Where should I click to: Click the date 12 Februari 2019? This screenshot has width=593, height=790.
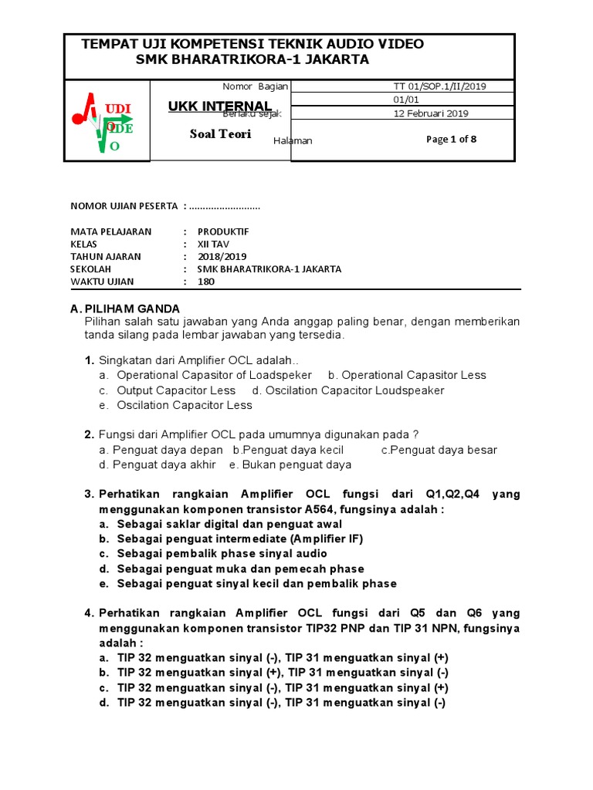click(x=431, y=113)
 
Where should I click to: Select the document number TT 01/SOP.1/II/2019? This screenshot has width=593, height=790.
click(x=440, y=86)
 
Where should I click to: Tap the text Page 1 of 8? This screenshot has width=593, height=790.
click(x=451, y=139)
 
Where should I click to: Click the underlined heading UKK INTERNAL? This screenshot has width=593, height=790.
click(x=219, y=106)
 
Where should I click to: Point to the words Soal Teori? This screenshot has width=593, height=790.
click(x=220, y=133)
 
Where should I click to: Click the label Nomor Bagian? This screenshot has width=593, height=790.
click(x=254, y=86)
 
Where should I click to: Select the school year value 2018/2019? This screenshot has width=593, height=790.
click(x=222, y=256)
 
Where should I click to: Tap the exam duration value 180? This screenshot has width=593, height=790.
click(x=206, y=282)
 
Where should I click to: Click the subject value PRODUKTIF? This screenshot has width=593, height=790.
click(x=223, y=231)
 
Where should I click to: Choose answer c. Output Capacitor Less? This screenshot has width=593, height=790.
click(x=168, y=390)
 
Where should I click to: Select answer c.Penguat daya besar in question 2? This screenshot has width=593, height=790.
click(x=439, y=450)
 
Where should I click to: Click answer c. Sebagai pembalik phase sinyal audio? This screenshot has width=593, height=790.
click(x=213, y=553)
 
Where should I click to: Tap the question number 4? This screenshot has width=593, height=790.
click(x=89, y=613)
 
